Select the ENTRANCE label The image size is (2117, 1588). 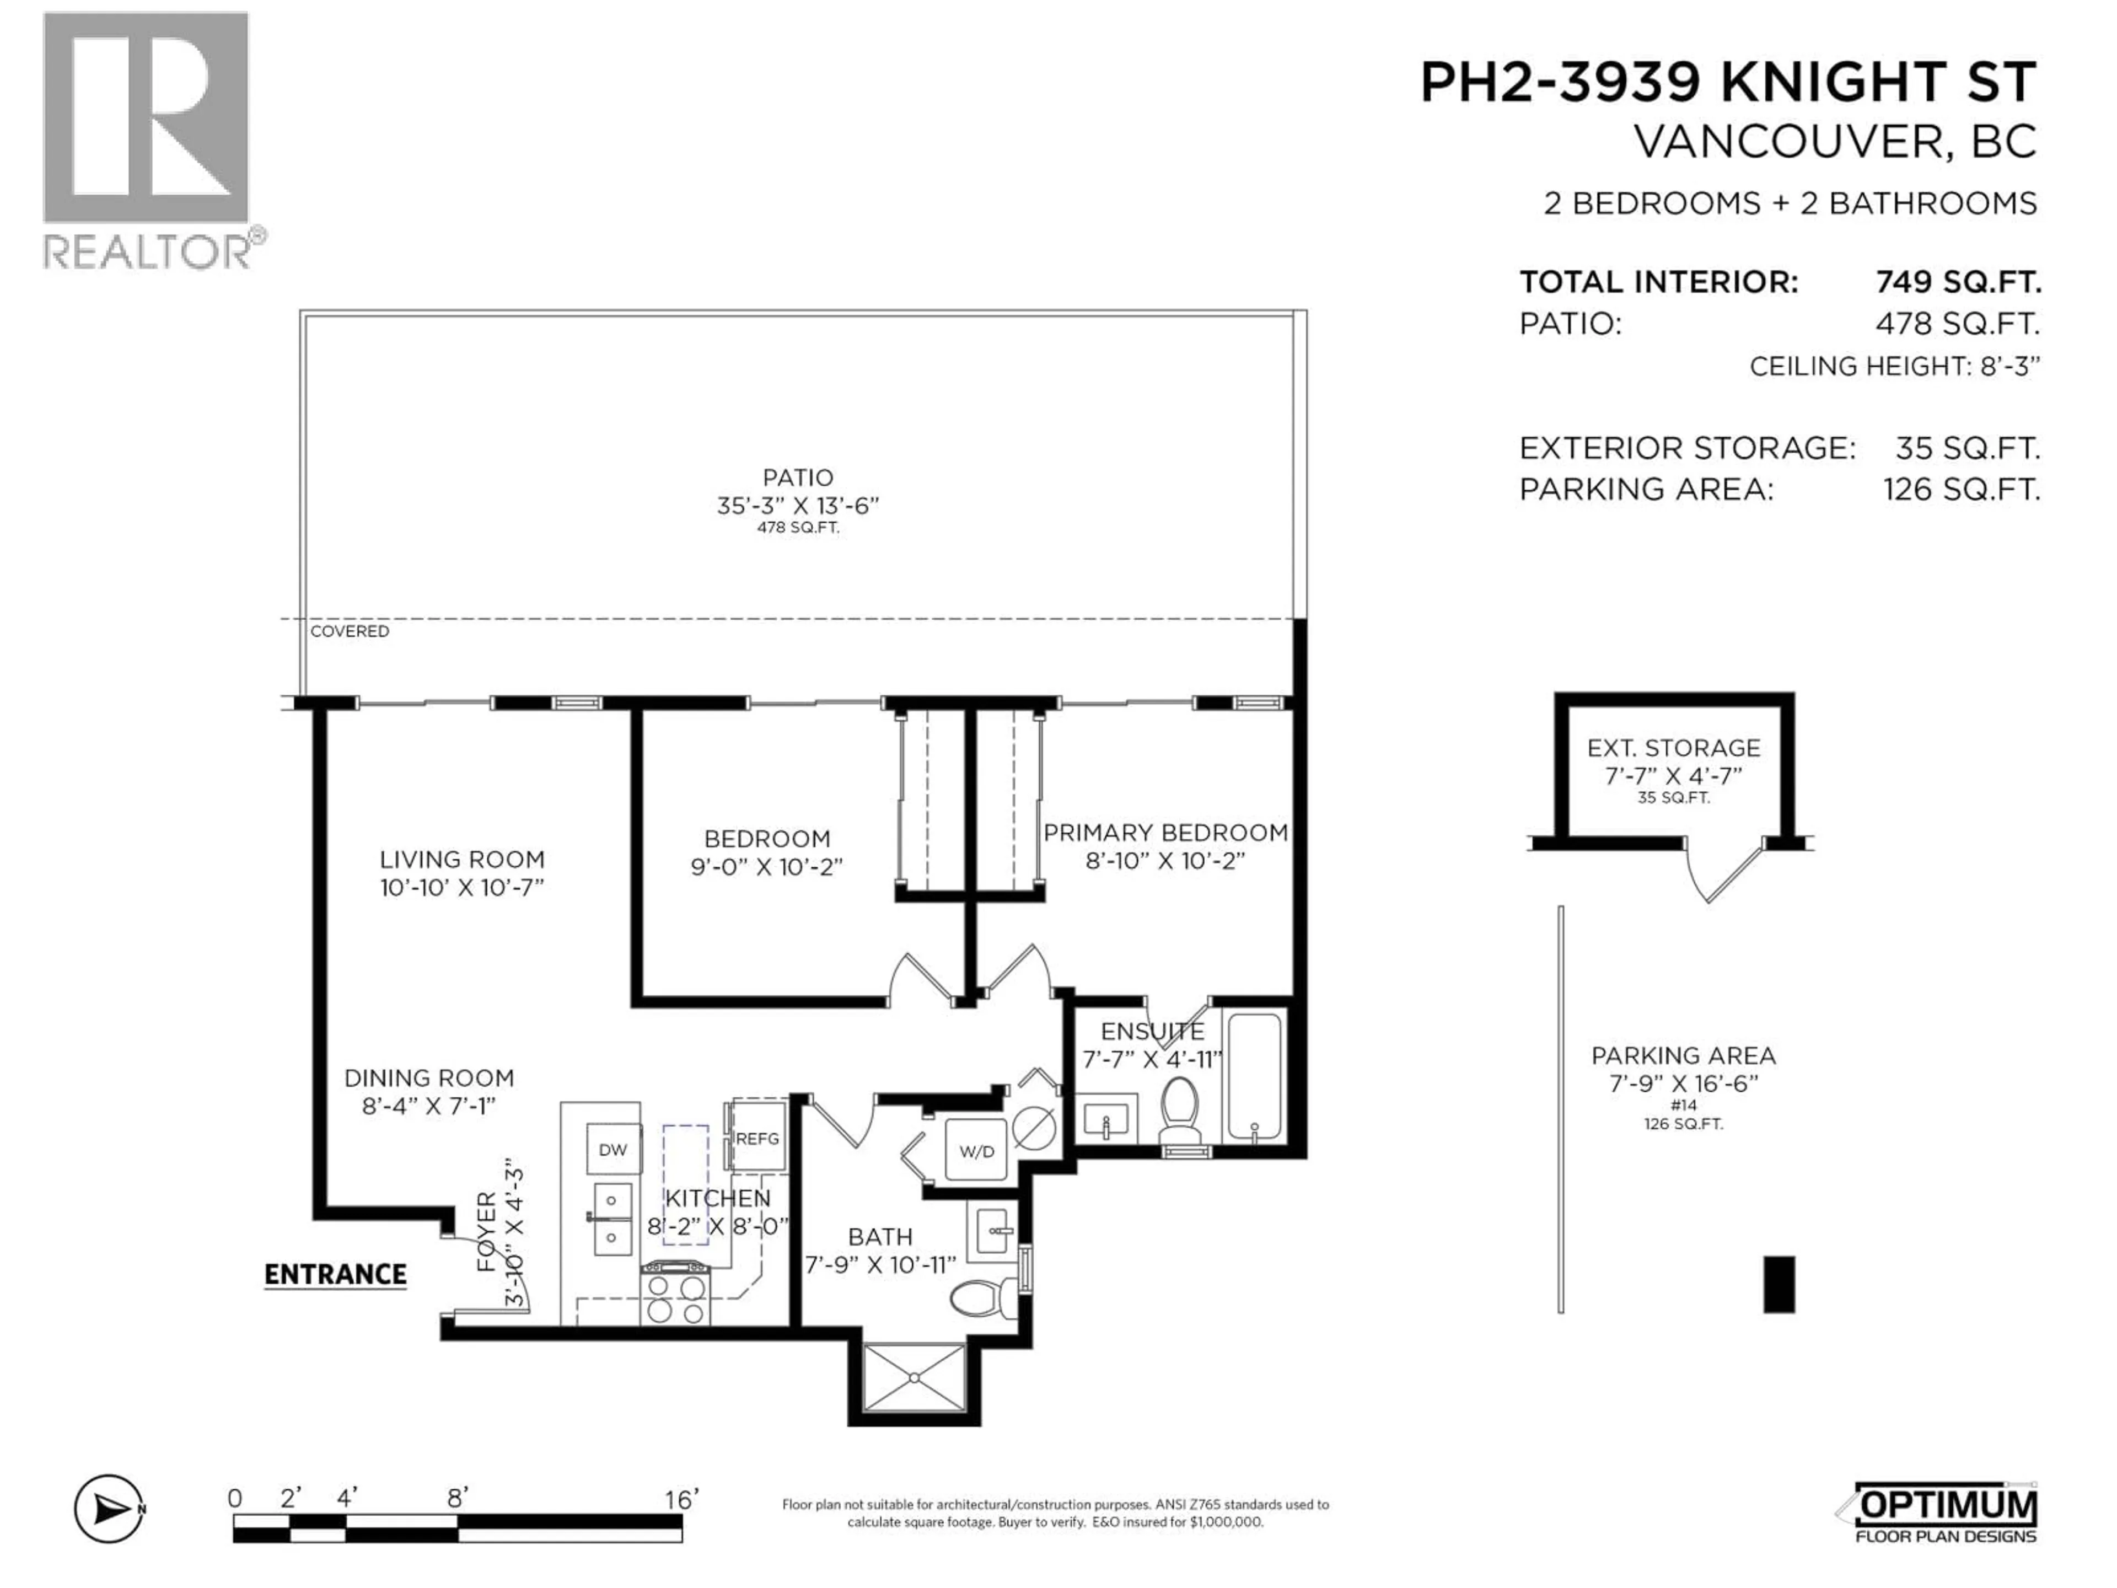click(335, 1274)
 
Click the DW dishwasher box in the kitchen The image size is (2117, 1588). click(612, 1150)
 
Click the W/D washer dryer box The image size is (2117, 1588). click(976, 1151)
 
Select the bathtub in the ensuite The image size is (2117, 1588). click(1254, 1077)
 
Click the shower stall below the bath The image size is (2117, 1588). click(914, 1377)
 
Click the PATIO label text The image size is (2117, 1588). click(797, 478)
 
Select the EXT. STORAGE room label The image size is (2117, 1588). click(1673, 748)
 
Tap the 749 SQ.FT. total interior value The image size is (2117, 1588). click(1957, 282)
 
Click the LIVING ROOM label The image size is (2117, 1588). click(461, 860)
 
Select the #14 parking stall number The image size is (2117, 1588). click(1684, 1104)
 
